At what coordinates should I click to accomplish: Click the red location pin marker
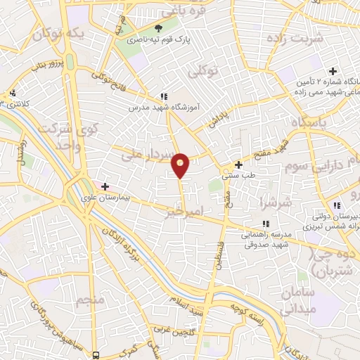[x=181, y=165]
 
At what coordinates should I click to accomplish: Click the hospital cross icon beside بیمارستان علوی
[x=105, y=186]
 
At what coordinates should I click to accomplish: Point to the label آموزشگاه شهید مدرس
[x=159, y=108]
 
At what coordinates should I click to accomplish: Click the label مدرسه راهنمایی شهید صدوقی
[x=270, y=240]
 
